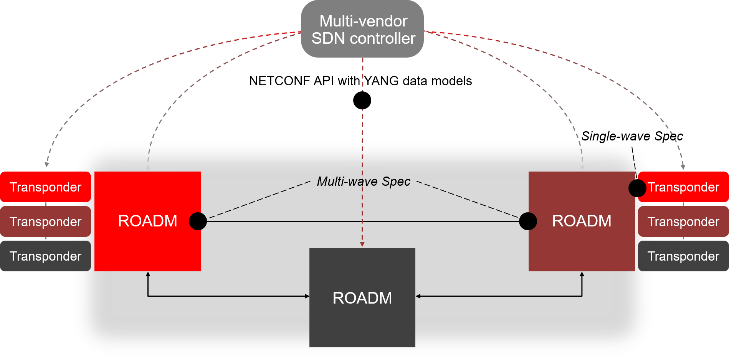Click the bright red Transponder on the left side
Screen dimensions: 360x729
click(45, 187)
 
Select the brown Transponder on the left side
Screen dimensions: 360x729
click(45, 221)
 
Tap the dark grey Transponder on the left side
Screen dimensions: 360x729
click(45, 256)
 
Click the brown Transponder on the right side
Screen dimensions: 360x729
click(683, 221)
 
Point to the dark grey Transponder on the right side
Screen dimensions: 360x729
click(683, 256)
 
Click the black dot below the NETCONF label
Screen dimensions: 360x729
click(362, 101)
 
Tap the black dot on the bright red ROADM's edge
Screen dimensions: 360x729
click(198, 221)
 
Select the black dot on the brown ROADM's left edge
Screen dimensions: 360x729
click(528, 221)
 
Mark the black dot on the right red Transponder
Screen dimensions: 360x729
click(637, 188)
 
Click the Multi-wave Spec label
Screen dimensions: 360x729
click(364, 181)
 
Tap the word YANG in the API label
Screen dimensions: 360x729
click(382, 81)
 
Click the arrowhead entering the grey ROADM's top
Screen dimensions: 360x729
click(362, 244)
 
